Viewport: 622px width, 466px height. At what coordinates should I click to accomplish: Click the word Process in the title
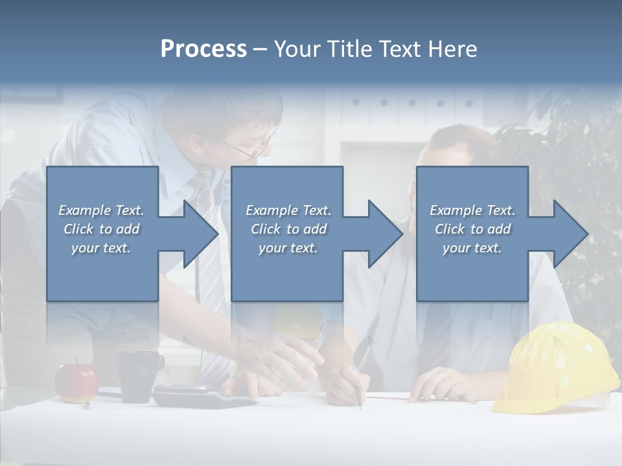coord(203,49)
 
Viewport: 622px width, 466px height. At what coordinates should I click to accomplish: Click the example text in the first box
coord(101,229)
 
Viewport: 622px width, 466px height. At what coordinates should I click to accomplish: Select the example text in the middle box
coord(288,229)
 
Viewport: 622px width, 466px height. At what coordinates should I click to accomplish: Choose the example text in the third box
coord(472,229)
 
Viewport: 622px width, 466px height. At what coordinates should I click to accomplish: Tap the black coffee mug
coord(139,375)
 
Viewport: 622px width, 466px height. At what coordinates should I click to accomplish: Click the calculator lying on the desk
coord(201,395)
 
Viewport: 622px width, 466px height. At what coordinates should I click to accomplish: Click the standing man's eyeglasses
coord(249,150)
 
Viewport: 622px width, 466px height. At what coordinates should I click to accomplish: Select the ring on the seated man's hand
coord(441,375)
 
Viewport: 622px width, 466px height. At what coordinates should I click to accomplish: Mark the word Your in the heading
coord(297,49)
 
